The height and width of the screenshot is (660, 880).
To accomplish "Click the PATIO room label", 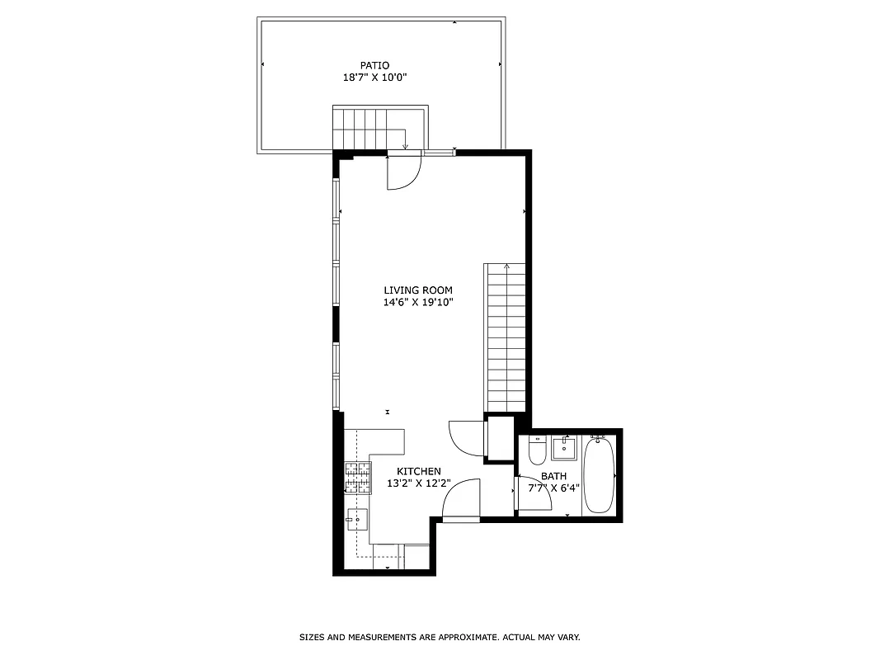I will coord(374,65).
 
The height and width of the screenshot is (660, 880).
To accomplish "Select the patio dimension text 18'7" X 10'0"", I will coord(375,78).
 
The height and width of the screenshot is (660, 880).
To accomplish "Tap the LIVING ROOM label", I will coord(418,290).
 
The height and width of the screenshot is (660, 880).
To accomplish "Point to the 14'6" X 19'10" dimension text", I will coord(418,302).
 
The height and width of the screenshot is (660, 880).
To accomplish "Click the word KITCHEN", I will coord(419,471).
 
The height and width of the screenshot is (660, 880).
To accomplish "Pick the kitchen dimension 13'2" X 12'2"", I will coord(419,483).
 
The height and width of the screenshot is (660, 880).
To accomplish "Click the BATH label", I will coord(553,476).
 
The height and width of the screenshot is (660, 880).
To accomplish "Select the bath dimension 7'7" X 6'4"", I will coord(554,488).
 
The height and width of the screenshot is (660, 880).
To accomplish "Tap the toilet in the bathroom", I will coord(537,450).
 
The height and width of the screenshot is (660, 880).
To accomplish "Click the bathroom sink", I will coord(564,449).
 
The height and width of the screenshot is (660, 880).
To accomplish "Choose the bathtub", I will coord(598,475).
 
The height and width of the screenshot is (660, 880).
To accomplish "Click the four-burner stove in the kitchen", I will coord(357,478).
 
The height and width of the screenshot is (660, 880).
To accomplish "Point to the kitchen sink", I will coord(357,521).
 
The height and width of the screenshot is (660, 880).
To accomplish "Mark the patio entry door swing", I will coord(404,172).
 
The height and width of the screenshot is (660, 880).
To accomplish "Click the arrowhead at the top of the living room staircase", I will coord(506,266).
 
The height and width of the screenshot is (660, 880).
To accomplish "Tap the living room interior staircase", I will coord(506,338).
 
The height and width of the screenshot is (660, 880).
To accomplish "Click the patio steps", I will coord(367,130).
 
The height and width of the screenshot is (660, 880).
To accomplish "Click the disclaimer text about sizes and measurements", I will coord(440,638).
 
